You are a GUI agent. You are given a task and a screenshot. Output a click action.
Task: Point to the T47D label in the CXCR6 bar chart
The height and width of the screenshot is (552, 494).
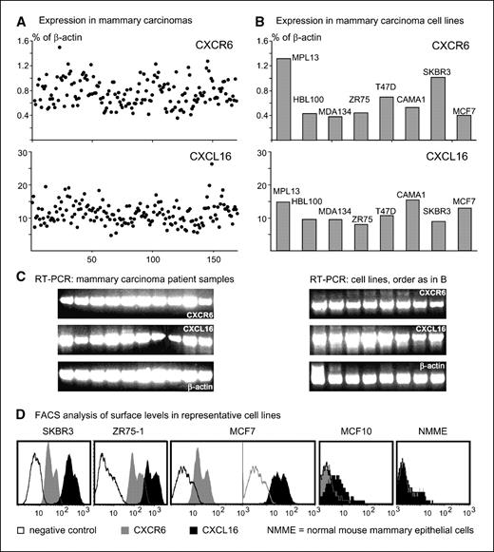click(386, 90)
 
